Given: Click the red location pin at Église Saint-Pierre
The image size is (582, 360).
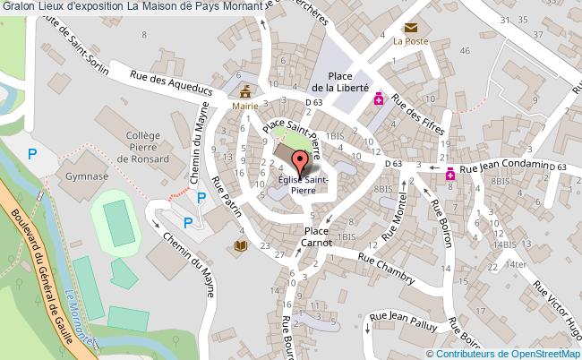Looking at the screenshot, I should [x=301, y=163].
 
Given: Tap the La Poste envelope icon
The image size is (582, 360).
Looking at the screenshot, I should [x=411, y=29].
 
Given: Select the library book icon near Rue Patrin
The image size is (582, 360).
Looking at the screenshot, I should [x=239, y=244].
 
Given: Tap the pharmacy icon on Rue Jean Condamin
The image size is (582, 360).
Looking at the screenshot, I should [x=449, y=177].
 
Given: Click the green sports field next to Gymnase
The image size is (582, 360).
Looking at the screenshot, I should [x=115, y=218].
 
